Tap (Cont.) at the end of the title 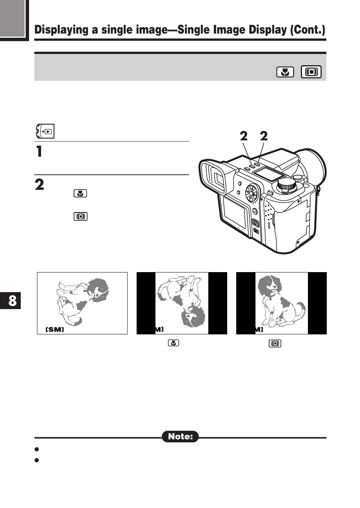click(x=307, y=30)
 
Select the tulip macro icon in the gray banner click(x=285, y=72)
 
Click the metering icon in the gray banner click(x=311, y=72)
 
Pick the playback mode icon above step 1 click(x=45, y=131)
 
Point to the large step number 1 click(x=39, y=151)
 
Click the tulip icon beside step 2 click(x=80, y=193)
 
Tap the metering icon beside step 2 click(x=80, y=217)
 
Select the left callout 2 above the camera click(x=244, y=136)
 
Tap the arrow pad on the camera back click(x=251, y=194)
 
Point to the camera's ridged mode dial click(x=286, y=185)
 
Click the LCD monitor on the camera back click(x=235, y=214)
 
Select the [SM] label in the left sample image click(x=55, y=329)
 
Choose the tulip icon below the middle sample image click(x=173, y=343)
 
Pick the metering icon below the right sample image click(x=275, y=343)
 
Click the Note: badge click(x=180, y=437)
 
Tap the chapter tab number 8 click(x=12, y=301)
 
